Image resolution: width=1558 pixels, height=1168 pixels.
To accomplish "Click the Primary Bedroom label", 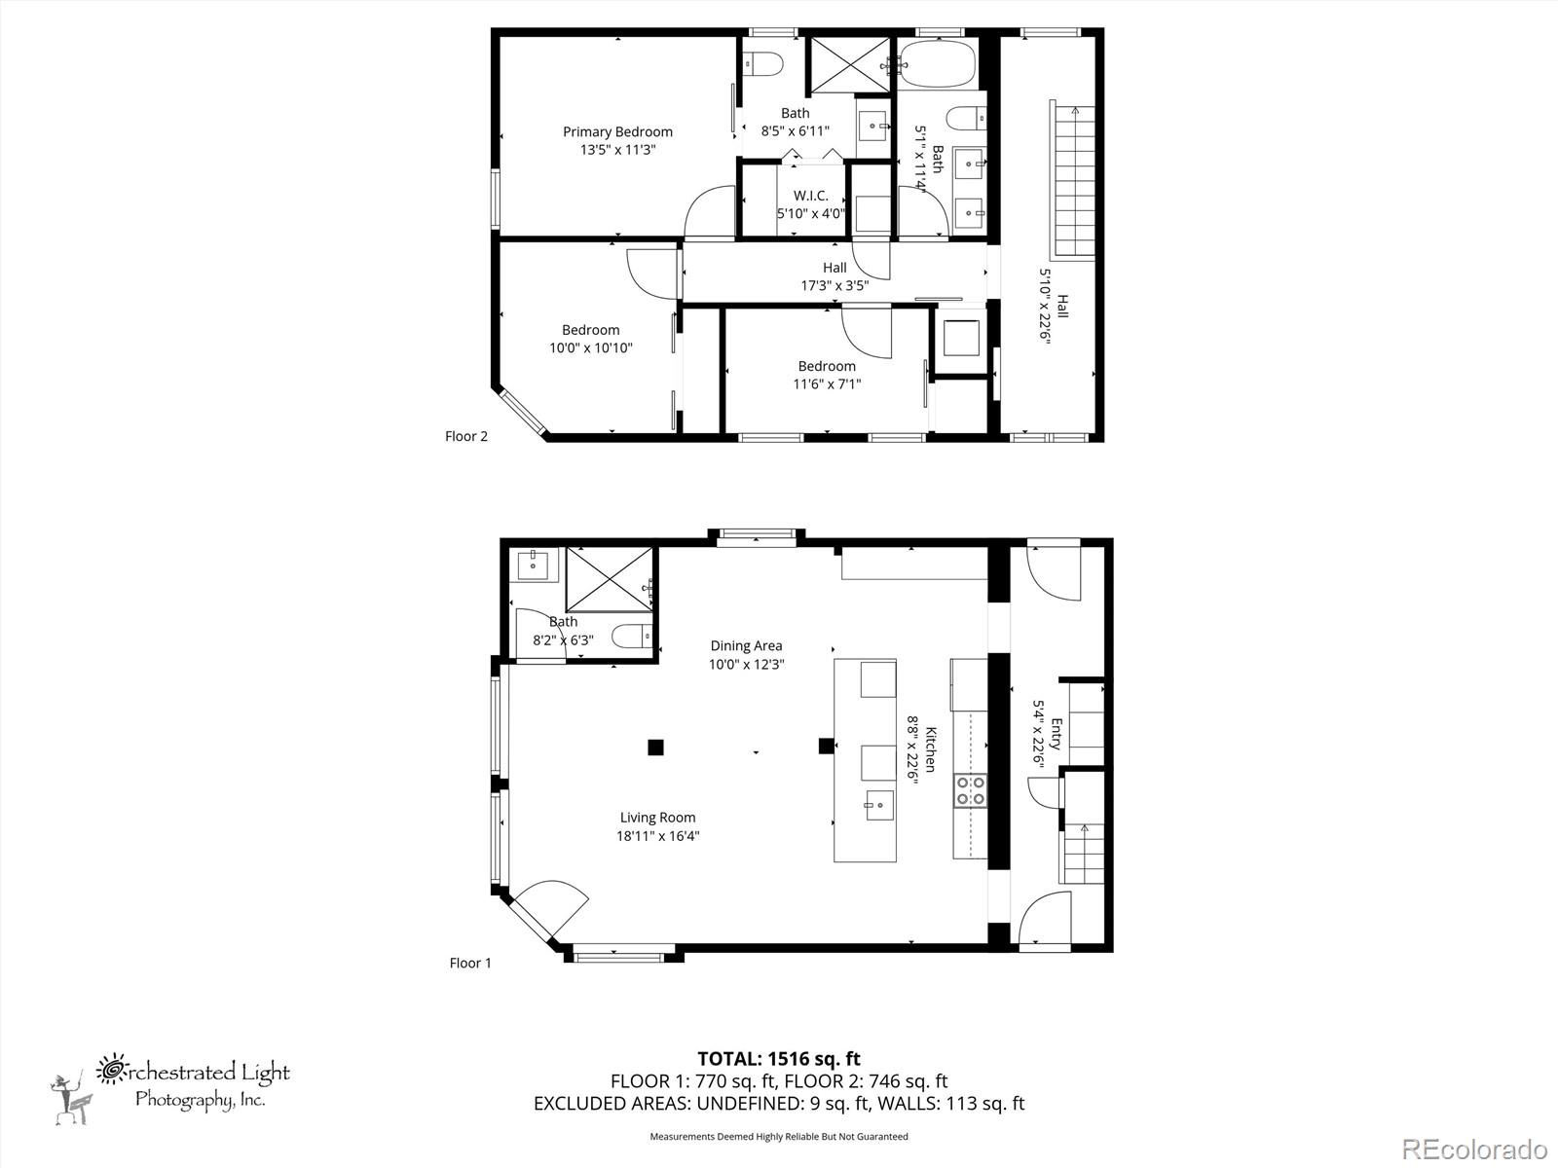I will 617,132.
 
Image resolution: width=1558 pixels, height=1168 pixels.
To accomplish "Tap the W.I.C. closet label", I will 810,196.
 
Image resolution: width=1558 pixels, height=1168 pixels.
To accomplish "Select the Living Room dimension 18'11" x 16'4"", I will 657,836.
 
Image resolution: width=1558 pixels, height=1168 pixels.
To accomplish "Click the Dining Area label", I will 746,645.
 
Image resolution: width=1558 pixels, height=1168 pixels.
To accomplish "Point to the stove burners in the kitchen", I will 970,789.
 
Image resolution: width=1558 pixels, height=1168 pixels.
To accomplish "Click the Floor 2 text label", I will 466,436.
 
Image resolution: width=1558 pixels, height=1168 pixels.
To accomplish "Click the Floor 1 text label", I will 470,963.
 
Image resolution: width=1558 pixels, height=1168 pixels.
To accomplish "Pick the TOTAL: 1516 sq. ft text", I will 779,1059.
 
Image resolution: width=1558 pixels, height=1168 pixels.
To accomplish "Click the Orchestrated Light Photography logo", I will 171,1084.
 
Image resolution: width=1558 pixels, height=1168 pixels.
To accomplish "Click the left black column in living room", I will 656,748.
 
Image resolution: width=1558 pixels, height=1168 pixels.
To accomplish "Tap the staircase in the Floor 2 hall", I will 1075,180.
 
